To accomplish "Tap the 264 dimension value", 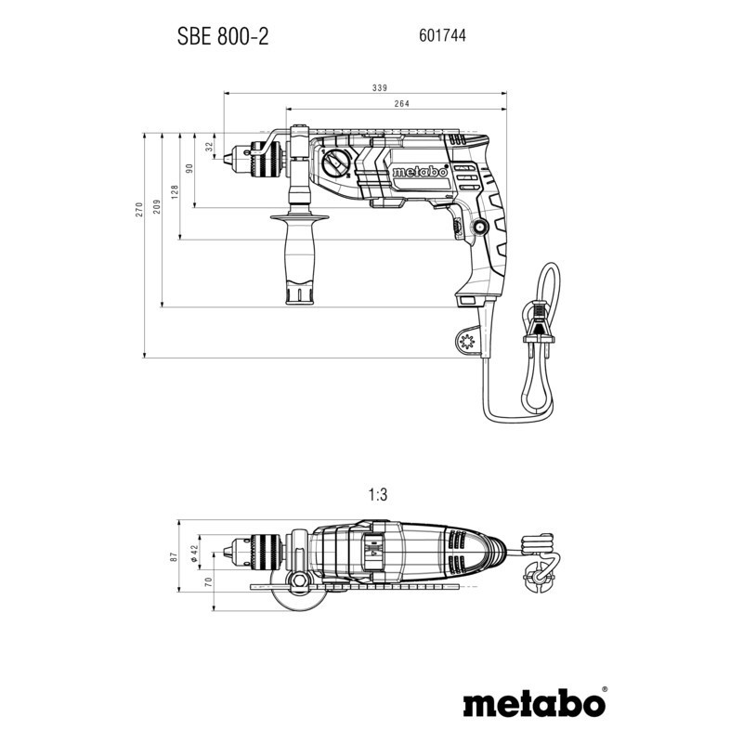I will pos(402,104).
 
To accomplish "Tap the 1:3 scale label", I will pos(378,497).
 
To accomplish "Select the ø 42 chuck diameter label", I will pos(195,550).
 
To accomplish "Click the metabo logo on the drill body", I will pos(421,172).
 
